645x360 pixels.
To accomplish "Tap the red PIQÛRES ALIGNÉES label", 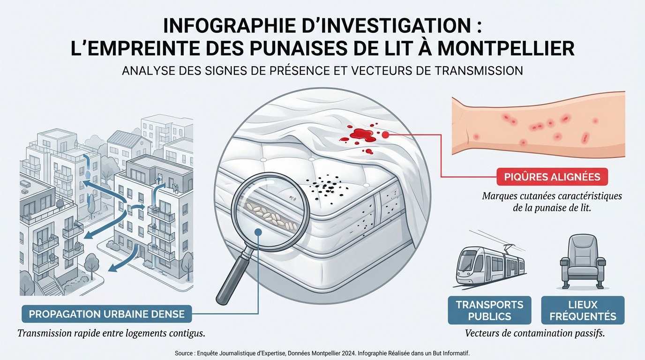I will (552, 177).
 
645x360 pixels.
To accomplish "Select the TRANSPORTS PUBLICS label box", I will (489, 310).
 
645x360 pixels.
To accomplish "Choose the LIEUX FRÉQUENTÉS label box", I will (583, 310).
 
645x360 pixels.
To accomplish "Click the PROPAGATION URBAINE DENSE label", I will (107, 314).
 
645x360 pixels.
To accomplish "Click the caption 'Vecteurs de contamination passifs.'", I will (534, 334).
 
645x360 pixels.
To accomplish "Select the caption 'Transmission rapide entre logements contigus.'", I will (111, 334).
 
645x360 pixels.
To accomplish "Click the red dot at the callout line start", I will (386, 135).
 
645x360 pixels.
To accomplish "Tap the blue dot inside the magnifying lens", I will (258, 231).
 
